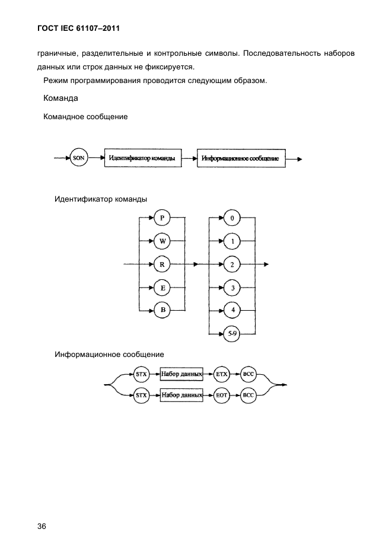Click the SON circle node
79,158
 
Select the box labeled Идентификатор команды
143,158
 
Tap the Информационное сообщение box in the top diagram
241,158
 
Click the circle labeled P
162,218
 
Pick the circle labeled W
162,241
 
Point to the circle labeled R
162,264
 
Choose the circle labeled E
162,288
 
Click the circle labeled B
162,310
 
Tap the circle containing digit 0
232,218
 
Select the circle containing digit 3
232,288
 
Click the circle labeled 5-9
232,333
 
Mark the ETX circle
222,374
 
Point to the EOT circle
222,395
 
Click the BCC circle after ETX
248,374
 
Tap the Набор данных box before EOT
181,395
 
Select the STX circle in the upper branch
141,374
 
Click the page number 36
42,527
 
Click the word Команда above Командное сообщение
60,98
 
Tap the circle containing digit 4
232,310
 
